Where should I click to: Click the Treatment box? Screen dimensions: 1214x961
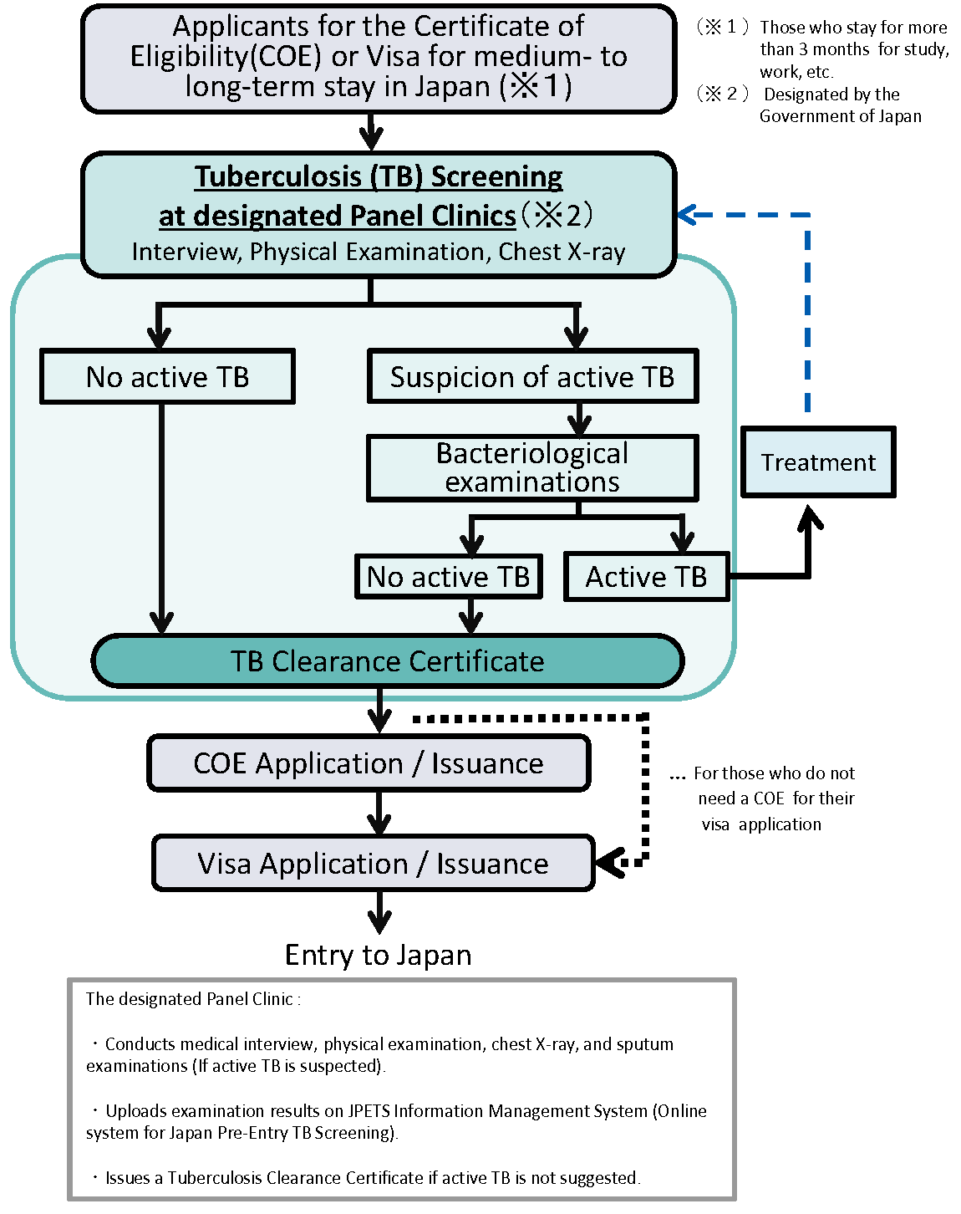pos(818,462)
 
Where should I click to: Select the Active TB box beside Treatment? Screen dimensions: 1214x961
pos(646,577)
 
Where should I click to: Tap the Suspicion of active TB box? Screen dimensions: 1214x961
pos(532,377)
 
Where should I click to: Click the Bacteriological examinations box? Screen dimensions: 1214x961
pos(532,468)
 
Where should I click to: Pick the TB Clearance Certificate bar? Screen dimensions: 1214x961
pos(388,661)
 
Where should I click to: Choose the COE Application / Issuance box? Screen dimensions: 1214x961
pos(369,763)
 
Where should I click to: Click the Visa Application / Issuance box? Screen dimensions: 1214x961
pos(373,863)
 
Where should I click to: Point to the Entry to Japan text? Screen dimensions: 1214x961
pos(378,955)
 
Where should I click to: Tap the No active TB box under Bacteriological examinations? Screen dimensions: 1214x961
pos(448,577)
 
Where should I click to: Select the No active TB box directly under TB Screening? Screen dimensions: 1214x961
pos(167,377)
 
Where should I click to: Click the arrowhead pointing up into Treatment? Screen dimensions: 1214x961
pos(808,517)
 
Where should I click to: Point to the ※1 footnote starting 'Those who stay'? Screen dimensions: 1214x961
pos(852,49)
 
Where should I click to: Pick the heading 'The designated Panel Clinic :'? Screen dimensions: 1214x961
pos(193,999)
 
